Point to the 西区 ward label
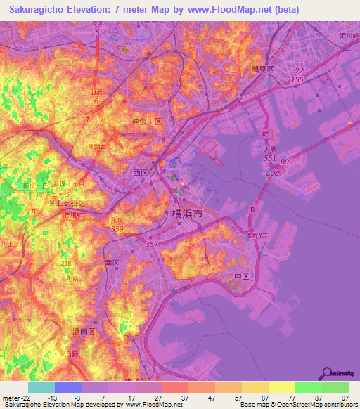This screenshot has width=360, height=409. [141, 172]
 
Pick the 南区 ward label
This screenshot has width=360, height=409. [112, 263]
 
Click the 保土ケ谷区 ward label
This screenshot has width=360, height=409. [67, 203]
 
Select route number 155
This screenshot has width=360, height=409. [297, 82]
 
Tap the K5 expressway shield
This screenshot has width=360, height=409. [265, 134]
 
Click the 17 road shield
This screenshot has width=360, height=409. [85, 120]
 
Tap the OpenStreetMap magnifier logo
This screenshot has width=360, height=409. [327, 373]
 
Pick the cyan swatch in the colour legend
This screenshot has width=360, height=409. [41, 387]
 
